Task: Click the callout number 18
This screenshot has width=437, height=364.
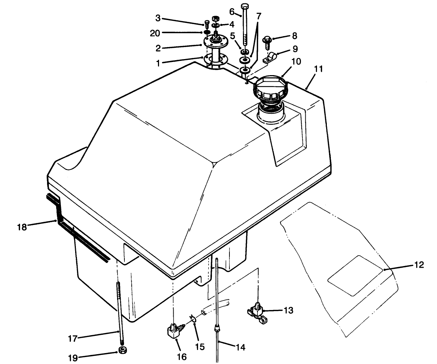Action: pyautogui.click(x=22, y=227)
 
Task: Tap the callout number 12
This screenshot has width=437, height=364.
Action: pyautogui.click(x=419, y=265)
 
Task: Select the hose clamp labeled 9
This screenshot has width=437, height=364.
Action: pyautogui.click(x=270, y=57)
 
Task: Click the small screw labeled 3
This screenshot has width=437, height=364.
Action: pyautogui.click(x=207, y=24)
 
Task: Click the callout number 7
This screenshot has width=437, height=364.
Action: pyautogui.click(x=259, y=16)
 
